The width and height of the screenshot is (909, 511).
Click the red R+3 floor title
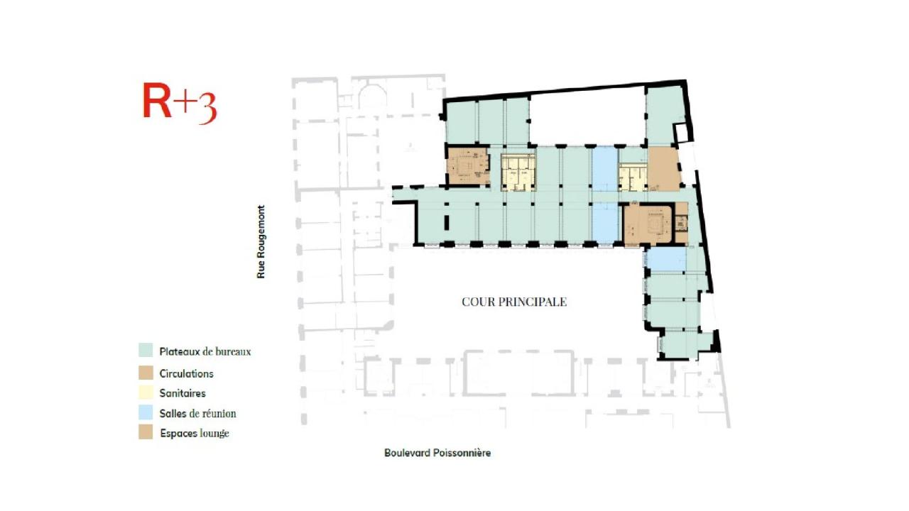179,103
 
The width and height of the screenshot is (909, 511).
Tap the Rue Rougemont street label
261,241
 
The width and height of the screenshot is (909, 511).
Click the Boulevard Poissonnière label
437,453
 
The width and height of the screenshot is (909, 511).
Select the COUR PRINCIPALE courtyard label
514,302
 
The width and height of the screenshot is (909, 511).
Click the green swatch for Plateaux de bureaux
146,351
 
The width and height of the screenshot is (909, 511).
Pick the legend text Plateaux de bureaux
205,351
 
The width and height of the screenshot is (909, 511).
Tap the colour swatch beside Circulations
146,373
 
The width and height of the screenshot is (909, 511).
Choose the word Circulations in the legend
186,373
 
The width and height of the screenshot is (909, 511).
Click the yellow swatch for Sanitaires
146,392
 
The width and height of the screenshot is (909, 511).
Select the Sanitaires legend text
183,392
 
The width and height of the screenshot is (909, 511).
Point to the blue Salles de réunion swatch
146,412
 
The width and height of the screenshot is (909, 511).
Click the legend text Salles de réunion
197,413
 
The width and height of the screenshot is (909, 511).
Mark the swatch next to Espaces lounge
146,432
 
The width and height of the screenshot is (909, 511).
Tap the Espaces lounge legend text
194,433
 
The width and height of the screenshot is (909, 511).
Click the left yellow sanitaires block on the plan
518,172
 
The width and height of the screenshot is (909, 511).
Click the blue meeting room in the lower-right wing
666,259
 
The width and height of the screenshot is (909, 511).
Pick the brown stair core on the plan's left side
467,166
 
